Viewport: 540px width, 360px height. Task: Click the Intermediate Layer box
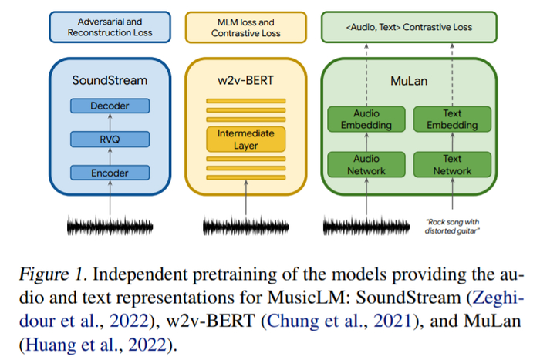245,139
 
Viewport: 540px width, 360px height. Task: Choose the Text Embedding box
447,119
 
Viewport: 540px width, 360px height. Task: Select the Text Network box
447,164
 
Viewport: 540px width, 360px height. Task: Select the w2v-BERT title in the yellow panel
245,79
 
